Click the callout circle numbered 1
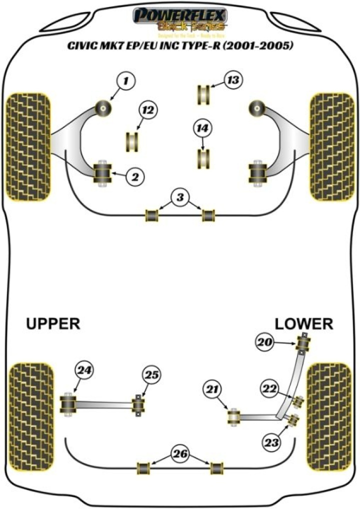pyautogui.click(x=126, y=80)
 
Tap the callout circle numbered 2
pyautogui.click(x=135, y=175)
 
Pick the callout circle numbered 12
pyautogui.click(x=148, y=110)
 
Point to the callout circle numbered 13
pyautogui.click(x=232, y=80)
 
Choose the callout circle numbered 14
pyautogui.click(x=202, y=129)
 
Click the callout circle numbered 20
pyautogui.click(x=265, y=342)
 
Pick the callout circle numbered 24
pyautogui.click(x=84, y=370)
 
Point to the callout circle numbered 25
pyautogui.click(x=151, y=374)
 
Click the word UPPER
pyautogui.click(x=52, y=324)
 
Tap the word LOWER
pyautogui.click(x=303, y=324)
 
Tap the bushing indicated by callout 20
pyautogui.click(x=303, y=343)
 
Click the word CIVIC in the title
pyautogui.click(x=86, y=46)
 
